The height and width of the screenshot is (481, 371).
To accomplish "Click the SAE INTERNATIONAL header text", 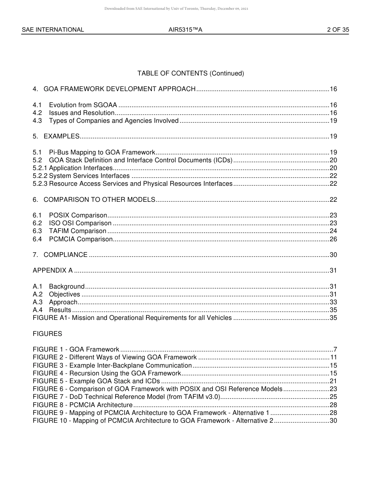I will [x=53, y=30].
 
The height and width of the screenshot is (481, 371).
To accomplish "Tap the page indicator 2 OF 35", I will [x=338, y=30].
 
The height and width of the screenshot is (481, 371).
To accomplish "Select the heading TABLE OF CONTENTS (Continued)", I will [x=191, y=74].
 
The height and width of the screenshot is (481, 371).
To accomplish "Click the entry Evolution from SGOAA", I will [x=83, y=105].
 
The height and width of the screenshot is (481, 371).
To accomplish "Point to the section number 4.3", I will [x=37, y=121].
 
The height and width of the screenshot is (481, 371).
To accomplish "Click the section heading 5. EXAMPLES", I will [x=56, y=136].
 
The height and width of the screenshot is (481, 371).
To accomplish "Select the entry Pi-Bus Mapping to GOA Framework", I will [x=102, y=153].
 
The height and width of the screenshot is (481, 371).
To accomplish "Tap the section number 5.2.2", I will [x=40, y=176].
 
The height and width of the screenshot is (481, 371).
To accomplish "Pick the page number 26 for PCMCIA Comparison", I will [x=333, y=239].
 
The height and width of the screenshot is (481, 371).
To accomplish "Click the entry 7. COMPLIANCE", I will [x=60, y=255].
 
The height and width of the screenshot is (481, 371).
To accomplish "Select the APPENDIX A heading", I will [x=53, y=271].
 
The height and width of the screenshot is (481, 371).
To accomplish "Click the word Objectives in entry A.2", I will [x=64, y=294].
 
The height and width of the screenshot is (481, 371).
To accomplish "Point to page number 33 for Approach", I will [x=333, y=302].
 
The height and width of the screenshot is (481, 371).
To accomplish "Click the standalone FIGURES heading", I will [x=47, y=334].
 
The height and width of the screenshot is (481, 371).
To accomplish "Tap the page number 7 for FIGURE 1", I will [x=335, y=350].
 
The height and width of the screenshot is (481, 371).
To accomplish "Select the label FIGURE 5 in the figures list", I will [x=49, y=381].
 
